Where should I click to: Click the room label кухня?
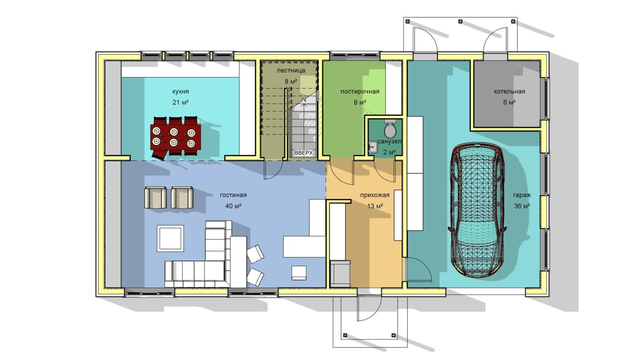pos(180,92)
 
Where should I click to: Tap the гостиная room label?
pos(233,195)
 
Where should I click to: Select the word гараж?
pos(522,195)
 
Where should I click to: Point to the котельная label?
pos(509,92)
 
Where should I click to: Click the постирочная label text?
pos(360,92)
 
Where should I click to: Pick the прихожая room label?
pos(375,195)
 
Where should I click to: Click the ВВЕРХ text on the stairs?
pos(303,153)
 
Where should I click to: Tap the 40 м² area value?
pos(233,206)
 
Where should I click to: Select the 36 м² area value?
pos(522,206)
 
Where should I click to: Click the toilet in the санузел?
pos(390,128)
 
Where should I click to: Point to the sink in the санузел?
pos(373,147)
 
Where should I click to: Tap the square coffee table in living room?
pos(170,238)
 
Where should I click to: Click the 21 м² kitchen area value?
pos(180,103)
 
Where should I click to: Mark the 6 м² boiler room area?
pos(509,103)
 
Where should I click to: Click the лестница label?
pos(291,71)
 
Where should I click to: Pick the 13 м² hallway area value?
pos(375,206)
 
